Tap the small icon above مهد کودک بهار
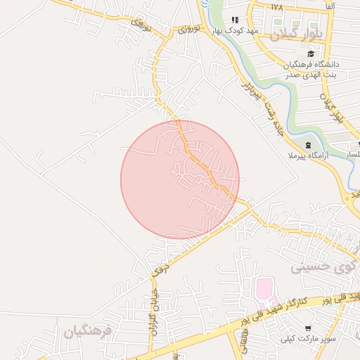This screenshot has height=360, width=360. click(235, 20)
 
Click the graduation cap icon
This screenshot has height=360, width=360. click(310, 54)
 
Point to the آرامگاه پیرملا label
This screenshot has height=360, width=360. click(307, 154)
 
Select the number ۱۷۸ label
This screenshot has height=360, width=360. click(276, 6)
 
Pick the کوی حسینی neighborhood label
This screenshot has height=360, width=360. click(314, 267)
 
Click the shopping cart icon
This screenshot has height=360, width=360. click(307, 328)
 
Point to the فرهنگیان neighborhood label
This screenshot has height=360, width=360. click(86, 330)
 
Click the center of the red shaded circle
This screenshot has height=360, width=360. click(180, 180)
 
